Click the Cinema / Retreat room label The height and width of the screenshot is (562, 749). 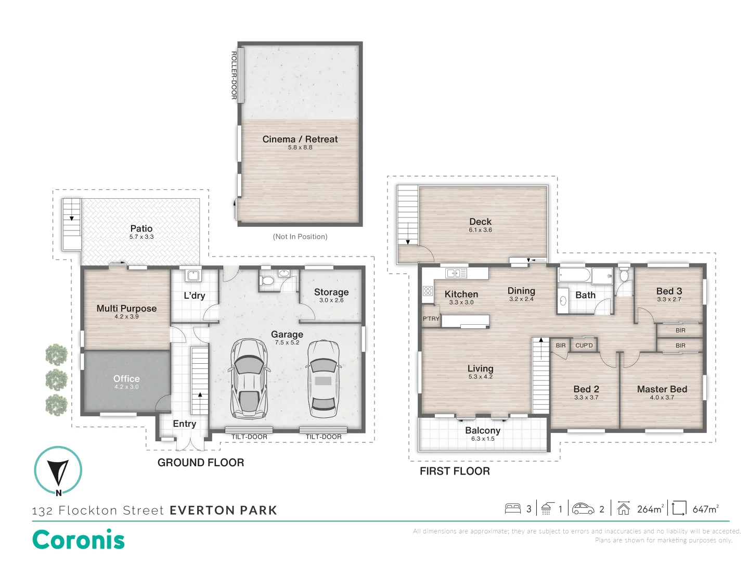click(300, 139)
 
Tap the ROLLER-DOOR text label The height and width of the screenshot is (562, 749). click(234, 75)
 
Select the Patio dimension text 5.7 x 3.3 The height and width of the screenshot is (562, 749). click(141, 237)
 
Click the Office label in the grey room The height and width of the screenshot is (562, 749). click(126, 378)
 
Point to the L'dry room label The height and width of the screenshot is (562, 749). click(194, 296)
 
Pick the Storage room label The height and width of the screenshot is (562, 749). click(331, 292)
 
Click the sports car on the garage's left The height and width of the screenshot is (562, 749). click(249, 378)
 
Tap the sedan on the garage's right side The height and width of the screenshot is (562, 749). click(323, 379)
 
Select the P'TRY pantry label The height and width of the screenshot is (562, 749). click(431, 318)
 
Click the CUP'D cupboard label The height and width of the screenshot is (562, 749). click(584, 346)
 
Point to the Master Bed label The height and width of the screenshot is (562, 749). click(662, 389)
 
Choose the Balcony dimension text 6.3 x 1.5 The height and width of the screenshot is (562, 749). click(483, 439)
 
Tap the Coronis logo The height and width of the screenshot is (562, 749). click(79, 540)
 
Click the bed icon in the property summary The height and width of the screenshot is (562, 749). click(512, 509)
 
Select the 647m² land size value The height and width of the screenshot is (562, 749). click(705, 509)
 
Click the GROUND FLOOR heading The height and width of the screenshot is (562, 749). click(201, 463)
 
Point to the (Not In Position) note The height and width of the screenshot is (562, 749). click(300, 236)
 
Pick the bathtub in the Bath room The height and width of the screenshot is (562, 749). click(574, 275)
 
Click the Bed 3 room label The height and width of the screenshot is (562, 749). click(669, 291)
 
